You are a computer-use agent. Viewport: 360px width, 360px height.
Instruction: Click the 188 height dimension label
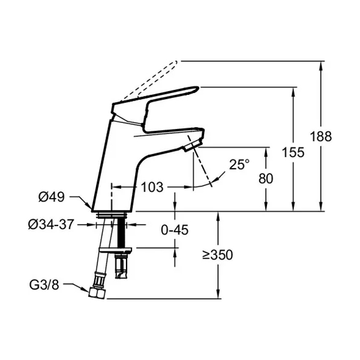click(321, 137)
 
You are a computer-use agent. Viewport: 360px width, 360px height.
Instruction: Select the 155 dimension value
click(293, 152)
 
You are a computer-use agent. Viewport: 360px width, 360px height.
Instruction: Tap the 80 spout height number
click(266, 179)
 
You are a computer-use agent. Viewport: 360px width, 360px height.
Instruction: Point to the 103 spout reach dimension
click(152, 187)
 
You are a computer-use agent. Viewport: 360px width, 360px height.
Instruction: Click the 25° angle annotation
click(239, 164)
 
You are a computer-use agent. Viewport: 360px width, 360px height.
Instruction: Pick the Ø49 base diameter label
click(52, 197)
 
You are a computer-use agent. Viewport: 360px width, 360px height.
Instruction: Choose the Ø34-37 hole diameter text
click(52, 224)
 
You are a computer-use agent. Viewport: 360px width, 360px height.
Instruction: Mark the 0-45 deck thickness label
click(175, 230)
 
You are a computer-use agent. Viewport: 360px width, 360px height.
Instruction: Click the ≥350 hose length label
click(218, 254)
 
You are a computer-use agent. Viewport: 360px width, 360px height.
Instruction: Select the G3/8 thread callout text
click(44, 285)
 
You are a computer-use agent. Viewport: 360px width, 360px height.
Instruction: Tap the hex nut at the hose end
click(97, 293)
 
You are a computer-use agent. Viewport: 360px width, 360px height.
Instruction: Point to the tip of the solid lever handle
click(199, 88)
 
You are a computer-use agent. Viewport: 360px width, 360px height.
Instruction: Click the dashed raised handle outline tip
click(176, 62)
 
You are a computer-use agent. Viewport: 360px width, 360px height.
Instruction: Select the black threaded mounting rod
click(121, 232)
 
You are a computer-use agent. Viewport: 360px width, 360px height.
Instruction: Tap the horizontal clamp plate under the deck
click(115, 250)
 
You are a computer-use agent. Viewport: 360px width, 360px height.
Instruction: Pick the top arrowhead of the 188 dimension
click(321, 65)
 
